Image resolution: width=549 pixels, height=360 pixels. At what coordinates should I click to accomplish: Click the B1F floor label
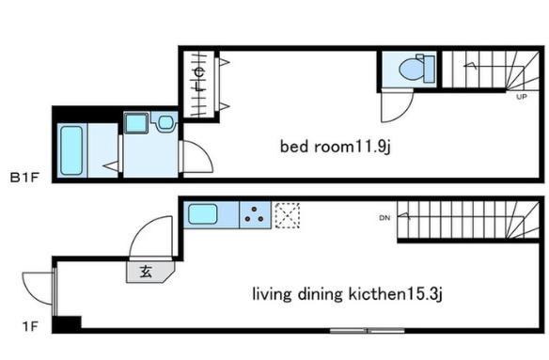[24, 178]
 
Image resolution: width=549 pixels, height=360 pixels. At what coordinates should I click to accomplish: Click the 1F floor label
[30, 326]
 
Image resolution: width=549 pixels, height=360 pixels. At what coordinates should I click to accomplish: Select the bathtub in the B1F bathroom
[71, 150]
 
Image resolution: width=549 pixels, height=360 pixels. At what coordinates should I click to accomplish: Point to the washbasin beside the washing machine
[165, 122]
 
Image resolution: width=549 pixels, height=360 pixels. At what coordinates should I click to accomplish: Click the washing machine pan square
[136, 123]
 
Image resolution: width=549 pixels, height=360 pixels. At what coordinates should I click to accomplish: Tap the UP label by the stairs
[522, 97]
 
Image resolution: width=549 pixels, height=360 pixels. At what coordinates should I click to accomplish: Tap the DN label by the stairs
[384, 218]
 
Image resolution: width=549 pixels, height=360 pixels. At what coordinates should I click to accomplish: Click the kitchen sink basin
[203, 214]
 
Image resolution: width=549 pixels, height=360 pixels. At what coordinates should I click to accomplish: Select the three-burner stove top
[255, 214]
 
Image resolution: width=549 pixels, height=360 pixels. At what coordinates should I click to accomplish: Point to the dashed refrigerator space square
[287, 215]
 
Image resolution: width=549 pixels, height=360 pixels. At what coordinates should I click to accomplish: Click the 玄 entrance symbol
[146, 272]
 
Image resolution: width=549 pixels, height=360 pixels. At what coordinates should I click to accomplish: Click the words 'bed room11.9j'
[335, 147]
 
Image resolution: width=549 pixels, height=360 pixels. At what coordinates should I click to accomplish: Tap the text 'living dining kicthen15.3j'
[347, 294]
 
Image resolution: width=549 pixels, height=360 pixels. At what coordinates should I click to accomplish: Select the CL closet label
[199, 80]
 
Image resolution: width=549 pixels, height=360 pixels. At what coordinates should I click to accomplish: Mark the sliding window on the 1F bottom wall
[368, 330]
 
